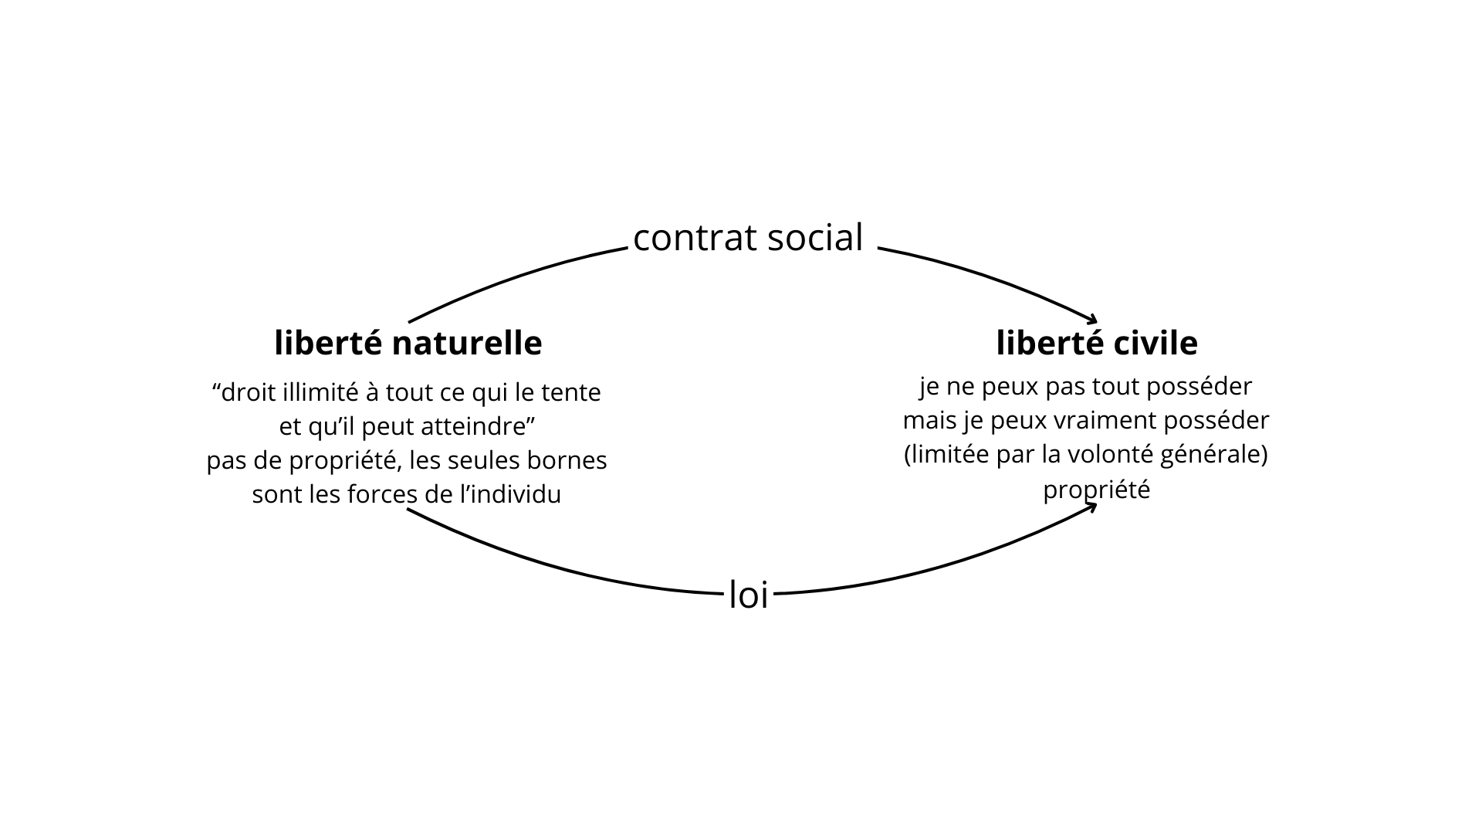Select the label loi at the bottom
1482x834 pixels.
(749, 595)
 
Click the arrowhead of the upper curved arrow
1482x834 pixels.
(1092, 318)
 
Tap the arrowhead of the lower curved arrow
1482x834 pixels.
(1092, 507)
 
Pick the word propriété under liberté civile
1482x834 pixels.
(1096, 490)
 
